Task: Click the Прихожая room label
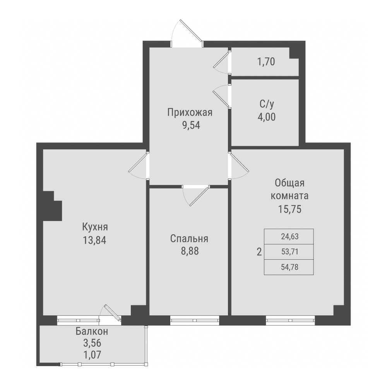pos(190,113)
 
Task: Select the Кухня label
pos(94,227)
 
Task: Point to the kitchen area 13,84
pos(94,240)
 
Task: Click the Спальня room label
pos(189,239)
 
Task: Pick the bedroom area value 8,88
pos(189,252)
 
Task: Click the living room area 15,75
pos(289,209)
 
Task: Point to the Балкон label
pos(92,331)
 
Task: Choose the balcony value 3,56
pos(92,343)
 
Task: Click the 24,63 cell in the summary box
pos(289,236)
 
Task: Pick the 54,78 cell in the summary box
pos(289,267)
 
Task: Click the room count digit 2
pos(259,252)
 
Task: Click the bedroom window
pos(194,320)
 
